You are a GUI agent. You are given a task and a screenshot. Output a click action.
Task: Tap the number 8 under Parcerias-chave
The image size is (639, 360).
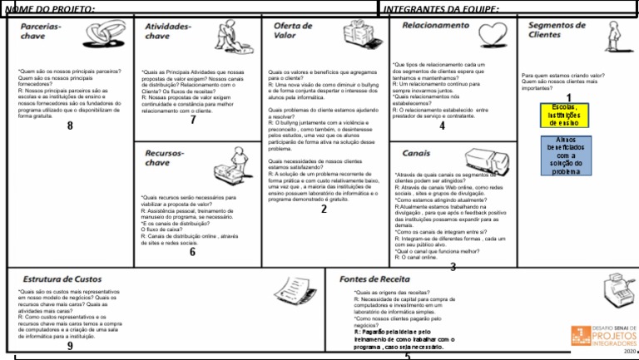(x=70, y=126)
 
